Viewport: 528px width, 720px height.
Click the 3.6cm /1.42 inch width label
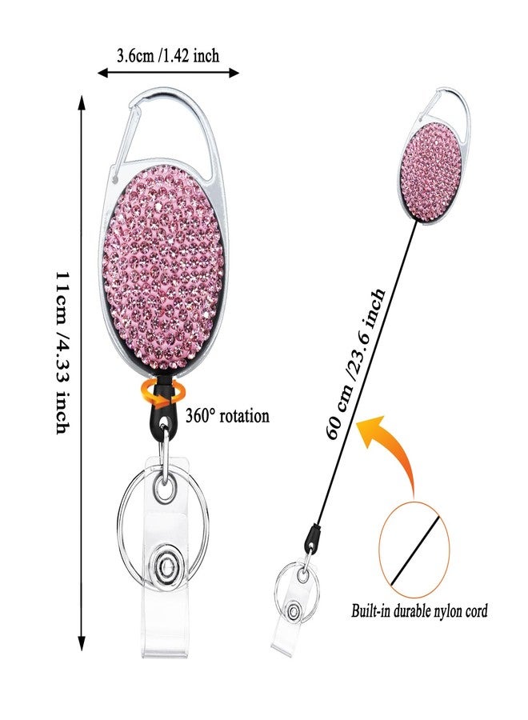point(167,55)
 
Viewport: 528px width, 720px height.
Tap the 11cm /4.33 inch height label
point(63,352)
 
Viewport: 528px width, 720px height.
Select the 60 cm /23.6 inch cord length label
point(355,363)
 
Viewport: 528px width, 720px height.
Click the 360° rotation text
point(227,416)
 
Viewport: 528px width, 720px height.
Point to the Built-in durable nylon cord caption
point(419,611)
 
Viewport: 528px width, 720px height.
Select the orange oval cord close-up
point(414,544)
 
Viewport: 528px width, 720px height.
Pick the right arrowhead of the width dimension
point(234,73)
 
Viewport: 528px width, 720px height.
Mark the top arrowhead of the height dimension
point(82,102)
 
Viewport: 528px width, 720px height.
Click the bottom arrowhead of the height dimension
point(82,643)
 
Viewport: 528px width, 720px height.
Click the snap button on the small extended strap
point(292,611)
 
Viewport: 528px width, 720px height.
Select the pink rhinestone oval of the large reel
point(162,266)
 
